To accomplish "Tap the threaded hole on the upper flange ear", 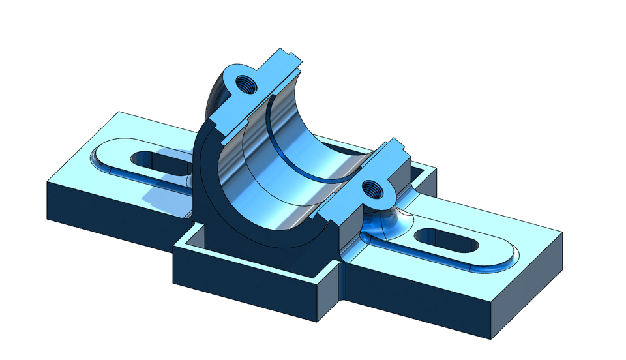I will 247,83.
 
